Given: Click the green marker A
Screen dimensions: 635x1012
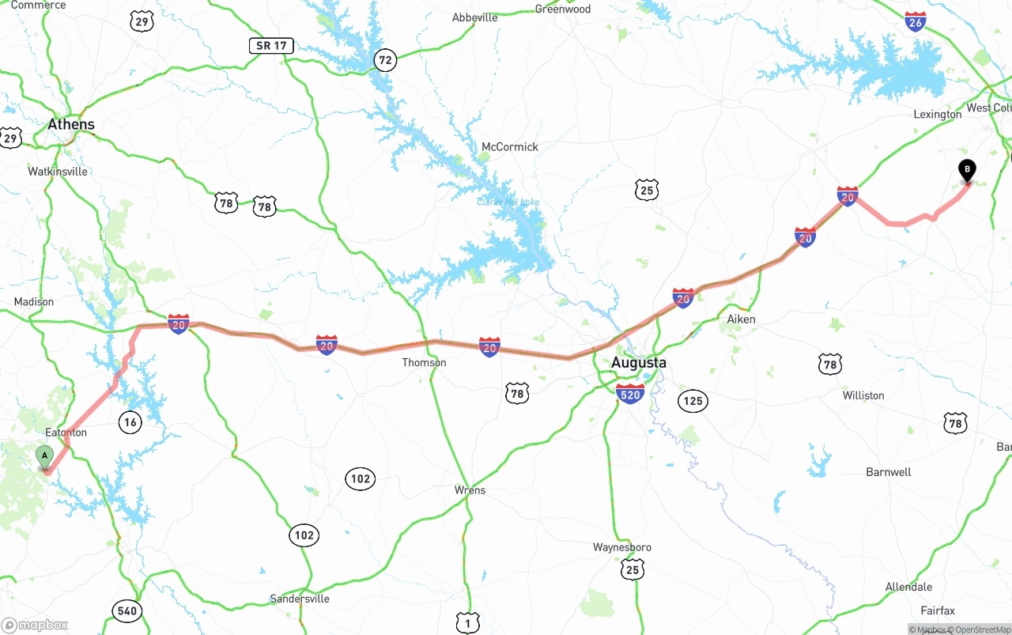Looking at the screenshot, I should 45,455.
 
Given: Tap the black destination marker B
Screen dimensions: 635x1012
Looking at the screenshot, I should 967,169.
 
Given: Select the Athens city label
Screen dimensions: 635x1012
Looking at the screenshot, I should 71,124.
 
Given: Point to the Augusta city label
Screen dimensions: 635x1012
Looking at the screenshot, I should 639,363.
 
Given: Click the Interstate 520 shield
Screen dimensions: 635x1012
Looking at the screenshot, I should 630,394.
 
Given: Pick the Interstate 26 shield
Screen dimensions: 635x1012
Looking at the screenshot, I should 916,21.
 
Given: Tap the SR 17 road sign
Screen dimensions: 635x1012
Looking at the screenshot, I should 271,46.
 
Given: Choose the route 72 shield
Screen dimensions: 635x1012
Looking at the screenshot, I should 385,59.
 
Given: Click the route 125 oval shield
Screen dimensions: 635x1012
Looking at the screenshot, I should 693,401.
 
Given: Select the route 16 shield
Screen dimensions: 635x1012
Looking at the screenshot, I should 130,422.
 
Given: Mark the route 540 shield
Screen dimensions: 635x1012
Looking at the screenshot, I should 126,610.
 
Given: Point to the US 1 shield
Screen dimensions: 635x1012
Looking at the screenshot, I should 467,624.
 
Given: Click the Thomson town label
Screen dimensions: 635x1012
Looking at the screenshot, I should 424,363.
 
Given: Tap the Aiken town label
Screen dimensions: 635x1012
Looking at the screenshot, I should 741,319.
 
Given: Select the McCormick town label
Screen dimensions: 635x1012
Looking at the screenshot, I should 510,147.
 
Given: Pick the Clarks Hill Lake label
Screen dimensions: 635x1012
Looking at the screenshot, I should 508,202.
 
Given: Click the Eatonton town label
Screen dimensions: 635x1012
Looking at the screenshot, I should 66,433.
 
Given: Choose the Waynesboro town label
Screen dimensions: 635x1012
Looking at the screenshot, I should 622,547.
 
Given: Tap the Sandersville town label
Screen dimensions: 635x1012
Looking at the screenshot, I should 300,599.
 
